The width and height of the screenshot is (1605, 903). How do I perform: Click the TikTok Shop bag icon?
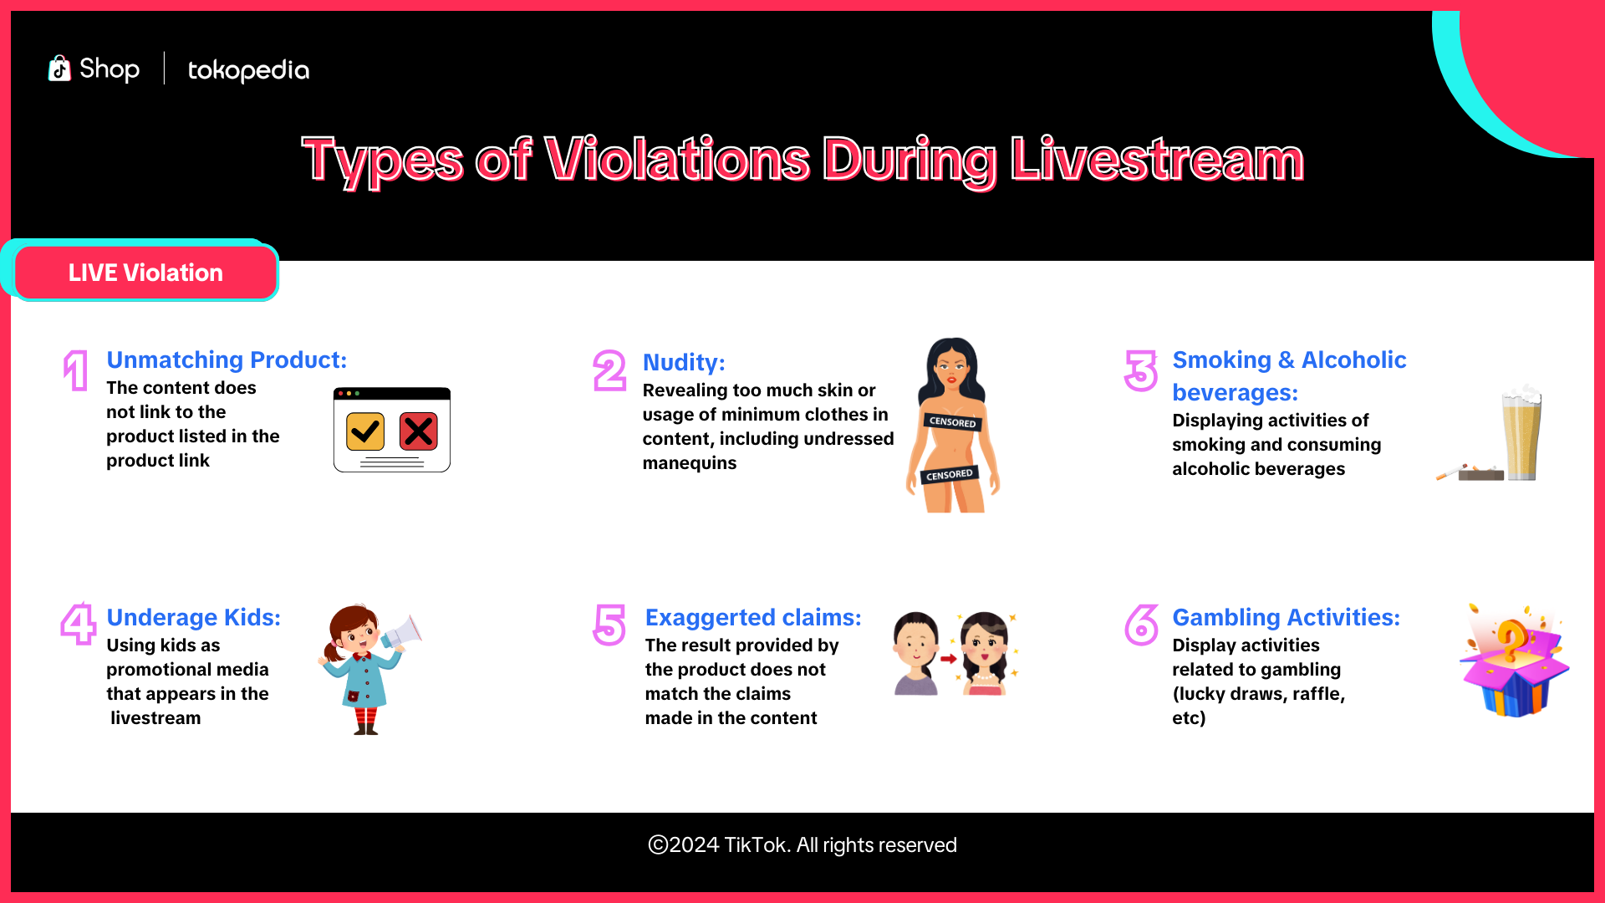(59, 69)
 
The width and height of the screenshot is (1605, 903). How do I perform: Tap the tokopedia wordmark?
(248, 70)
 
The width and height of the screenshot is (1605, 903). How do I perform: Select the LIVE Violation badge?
(145, 273)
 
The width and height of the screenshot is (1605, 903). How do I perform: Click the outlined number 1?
(76, 370)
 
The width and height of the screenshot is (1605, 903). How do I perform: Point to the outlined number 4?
(79, 624)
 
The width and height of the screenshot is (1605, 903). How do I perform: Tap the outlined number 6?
(1142, 625)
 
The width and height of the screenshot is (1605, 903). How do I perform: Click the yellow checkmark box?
(365, 431)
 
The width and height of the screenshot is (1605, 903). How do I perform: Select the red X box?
(419, 431)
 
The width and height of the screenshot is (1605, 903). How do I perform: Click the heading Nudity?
(684, 363)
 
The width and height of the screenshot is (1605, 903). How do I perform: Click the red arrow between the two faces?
(949, 659)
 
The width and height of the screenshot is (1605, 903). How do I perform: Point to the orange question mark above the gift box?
(1511, 640)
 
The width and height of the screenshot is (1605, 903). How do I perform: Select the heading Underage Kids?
(194, 618)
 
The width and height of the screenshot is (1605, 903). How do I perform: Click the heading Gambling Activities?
(1286, 617)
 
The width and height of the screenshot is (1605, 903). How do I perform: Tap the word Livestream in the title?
(1157, 160)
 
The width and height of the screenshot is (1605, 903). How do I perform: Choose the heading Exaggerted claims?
(753, 618)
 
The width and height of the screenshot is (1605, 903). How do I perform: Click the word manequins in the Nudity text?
(690, 463)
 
